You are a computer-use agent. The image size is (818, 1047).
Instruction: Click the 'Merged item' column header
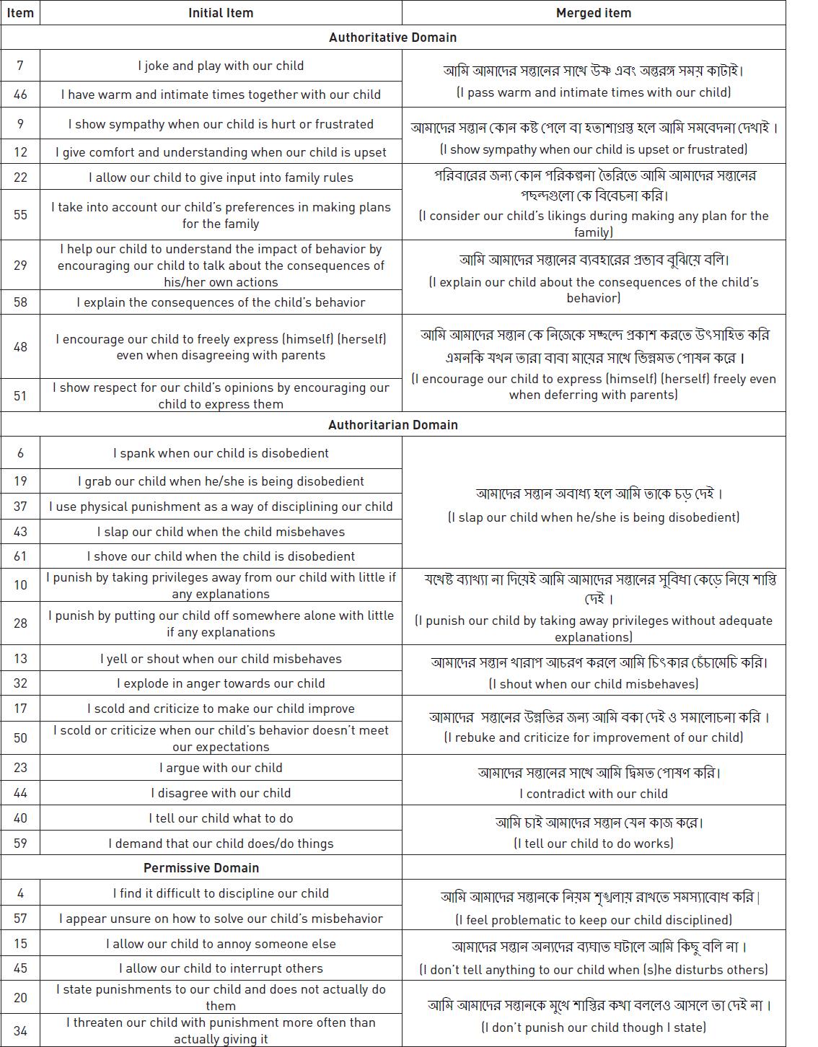593,13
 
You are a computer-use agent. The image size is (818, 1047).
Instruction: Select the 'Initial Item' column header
221,13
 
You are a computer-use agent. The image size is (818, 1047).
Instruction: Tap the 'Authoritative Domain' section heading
392,38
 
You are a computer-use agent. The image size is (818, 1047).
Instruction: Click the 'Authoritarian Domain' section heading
392,424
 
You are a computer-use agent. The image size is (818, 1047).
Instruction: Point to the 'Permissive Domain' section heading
201,867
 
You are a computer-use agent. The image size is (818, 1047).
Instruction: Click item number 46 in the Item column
20,94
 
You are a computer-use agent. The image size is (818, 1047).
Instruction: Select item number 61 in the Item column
20,556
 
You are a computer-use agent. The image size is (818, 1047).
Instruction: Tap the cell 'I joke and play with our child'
221,66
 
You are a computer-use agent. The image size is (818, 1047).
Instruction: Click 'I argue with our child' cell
221,768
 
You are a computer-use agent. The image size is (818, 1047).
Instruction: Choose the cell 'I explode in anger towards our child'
221,683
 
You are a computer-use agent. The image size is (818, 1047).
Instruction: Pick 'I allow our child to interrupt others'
221,968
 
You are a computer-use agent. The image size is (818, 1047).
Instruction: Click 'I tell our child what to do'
221,818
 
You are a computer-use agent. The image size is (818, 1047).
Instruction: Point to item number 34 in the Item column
20,1030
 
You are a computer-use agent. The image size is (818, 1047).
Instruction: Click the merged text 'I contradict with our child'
593,794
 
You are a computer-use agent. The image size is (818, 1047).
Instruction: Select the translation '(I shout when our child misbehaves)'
593,684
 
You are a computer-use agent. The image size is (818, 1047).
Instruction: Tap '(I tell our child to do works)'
593,844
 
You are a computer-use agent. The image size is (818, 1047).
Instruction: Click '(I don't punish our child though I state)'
593,1028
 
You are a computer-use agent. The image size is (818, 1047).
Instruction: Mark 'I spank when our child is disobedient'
221,453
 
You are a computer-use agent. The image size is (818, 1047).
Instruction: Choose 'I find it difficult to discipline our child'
221,893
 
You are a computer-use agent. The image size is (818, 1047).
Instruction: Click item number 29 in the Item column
20,266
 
